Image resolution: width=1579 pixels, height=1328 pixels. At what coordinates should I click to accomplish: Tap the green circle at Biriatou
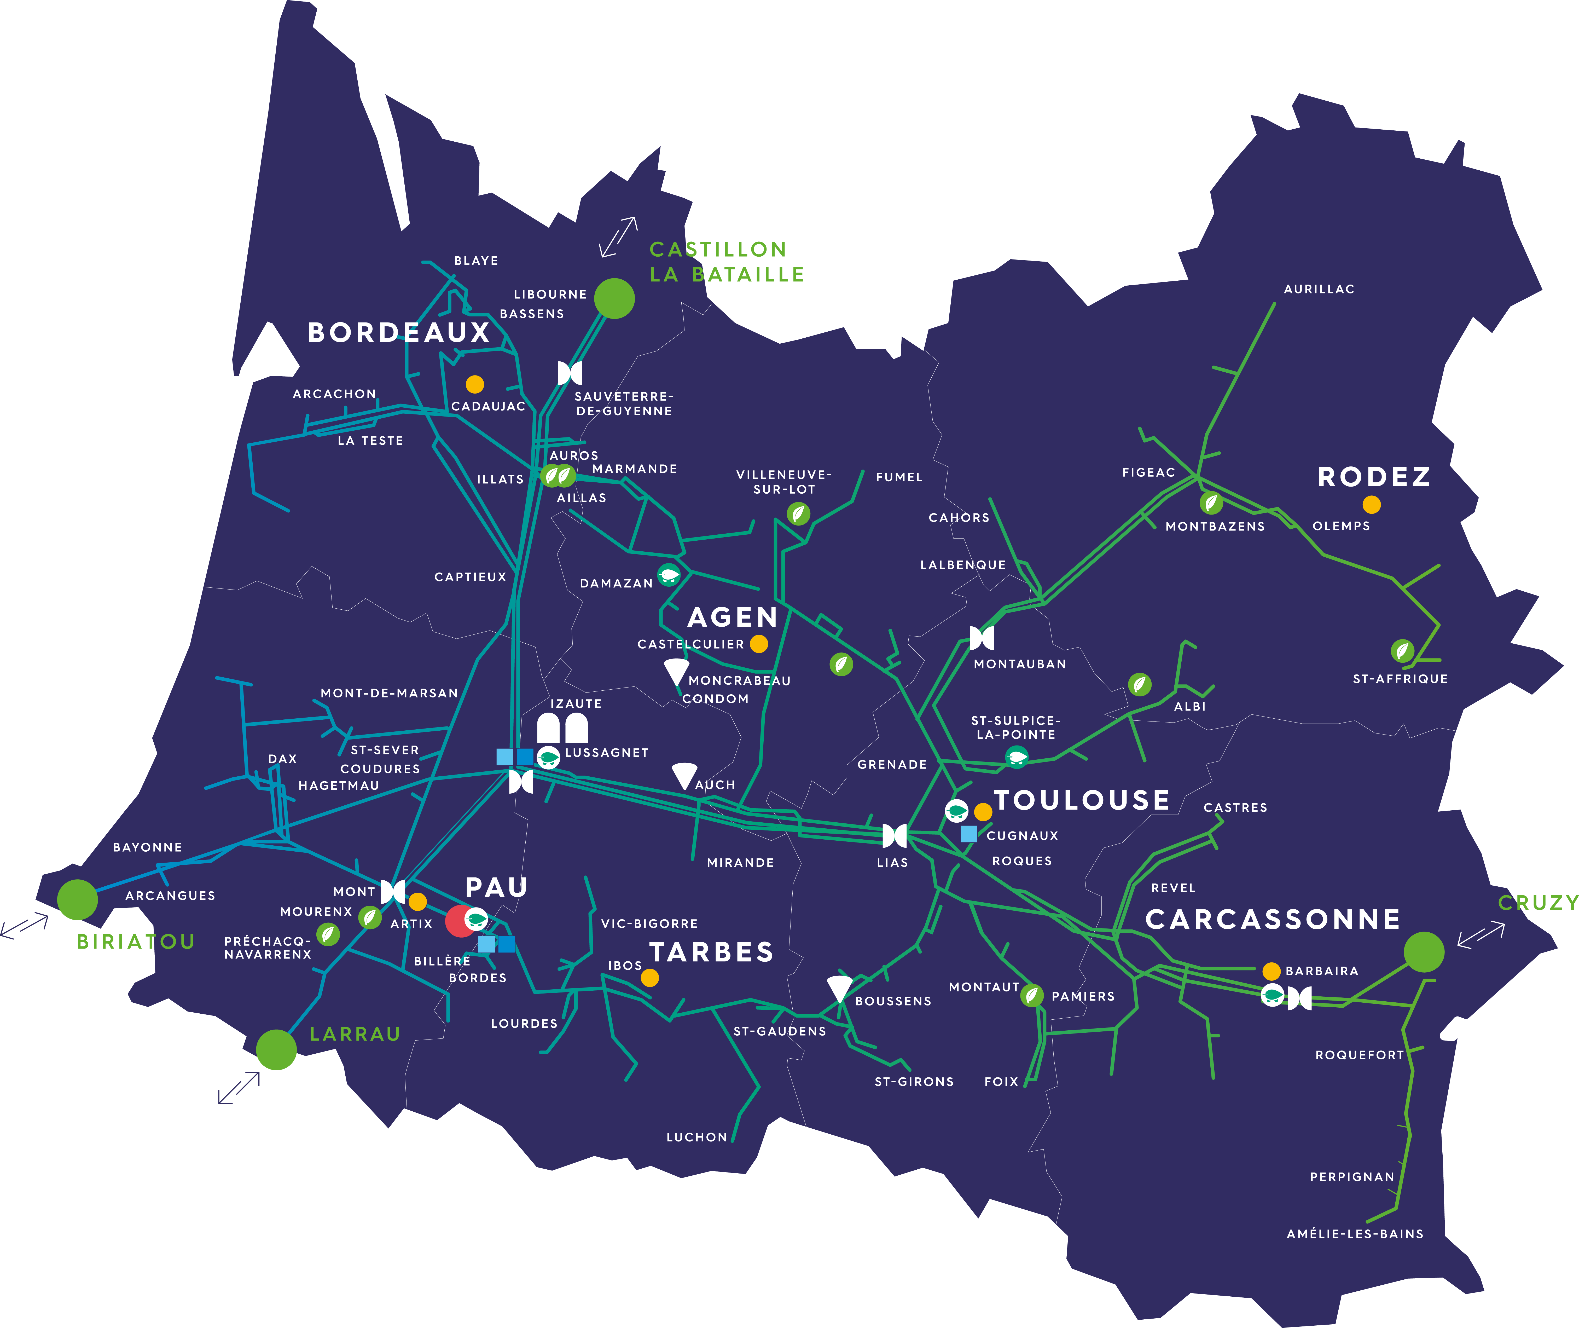point(78,899)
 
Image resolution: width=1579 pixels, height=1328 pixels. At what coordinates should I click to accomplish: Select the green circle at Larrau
point(276,1049)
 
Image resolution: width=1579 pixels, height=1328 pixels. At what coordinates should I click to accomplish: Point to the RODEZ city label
point(1374,477)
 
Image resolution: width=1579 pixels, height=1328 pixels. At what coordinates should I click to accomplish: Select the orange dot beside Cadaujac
point(474,384)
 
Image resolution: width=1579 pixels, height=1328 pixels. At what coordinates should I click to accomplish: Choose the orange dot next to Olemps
point(1371,504)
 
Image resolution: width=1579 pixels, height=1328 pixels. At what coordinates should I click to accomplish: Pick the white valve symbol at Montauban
point(982,638)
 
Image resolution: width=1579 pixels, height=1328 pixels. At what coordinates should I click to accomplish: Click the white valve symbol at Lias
point(894,835)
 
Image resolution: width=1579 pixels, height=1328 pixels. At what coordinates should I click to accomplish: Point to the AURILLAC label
point(1319,289)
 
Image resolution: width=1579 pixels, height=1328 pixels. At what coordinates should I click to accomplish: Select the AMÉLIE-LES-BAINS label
point(1355,1234)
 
